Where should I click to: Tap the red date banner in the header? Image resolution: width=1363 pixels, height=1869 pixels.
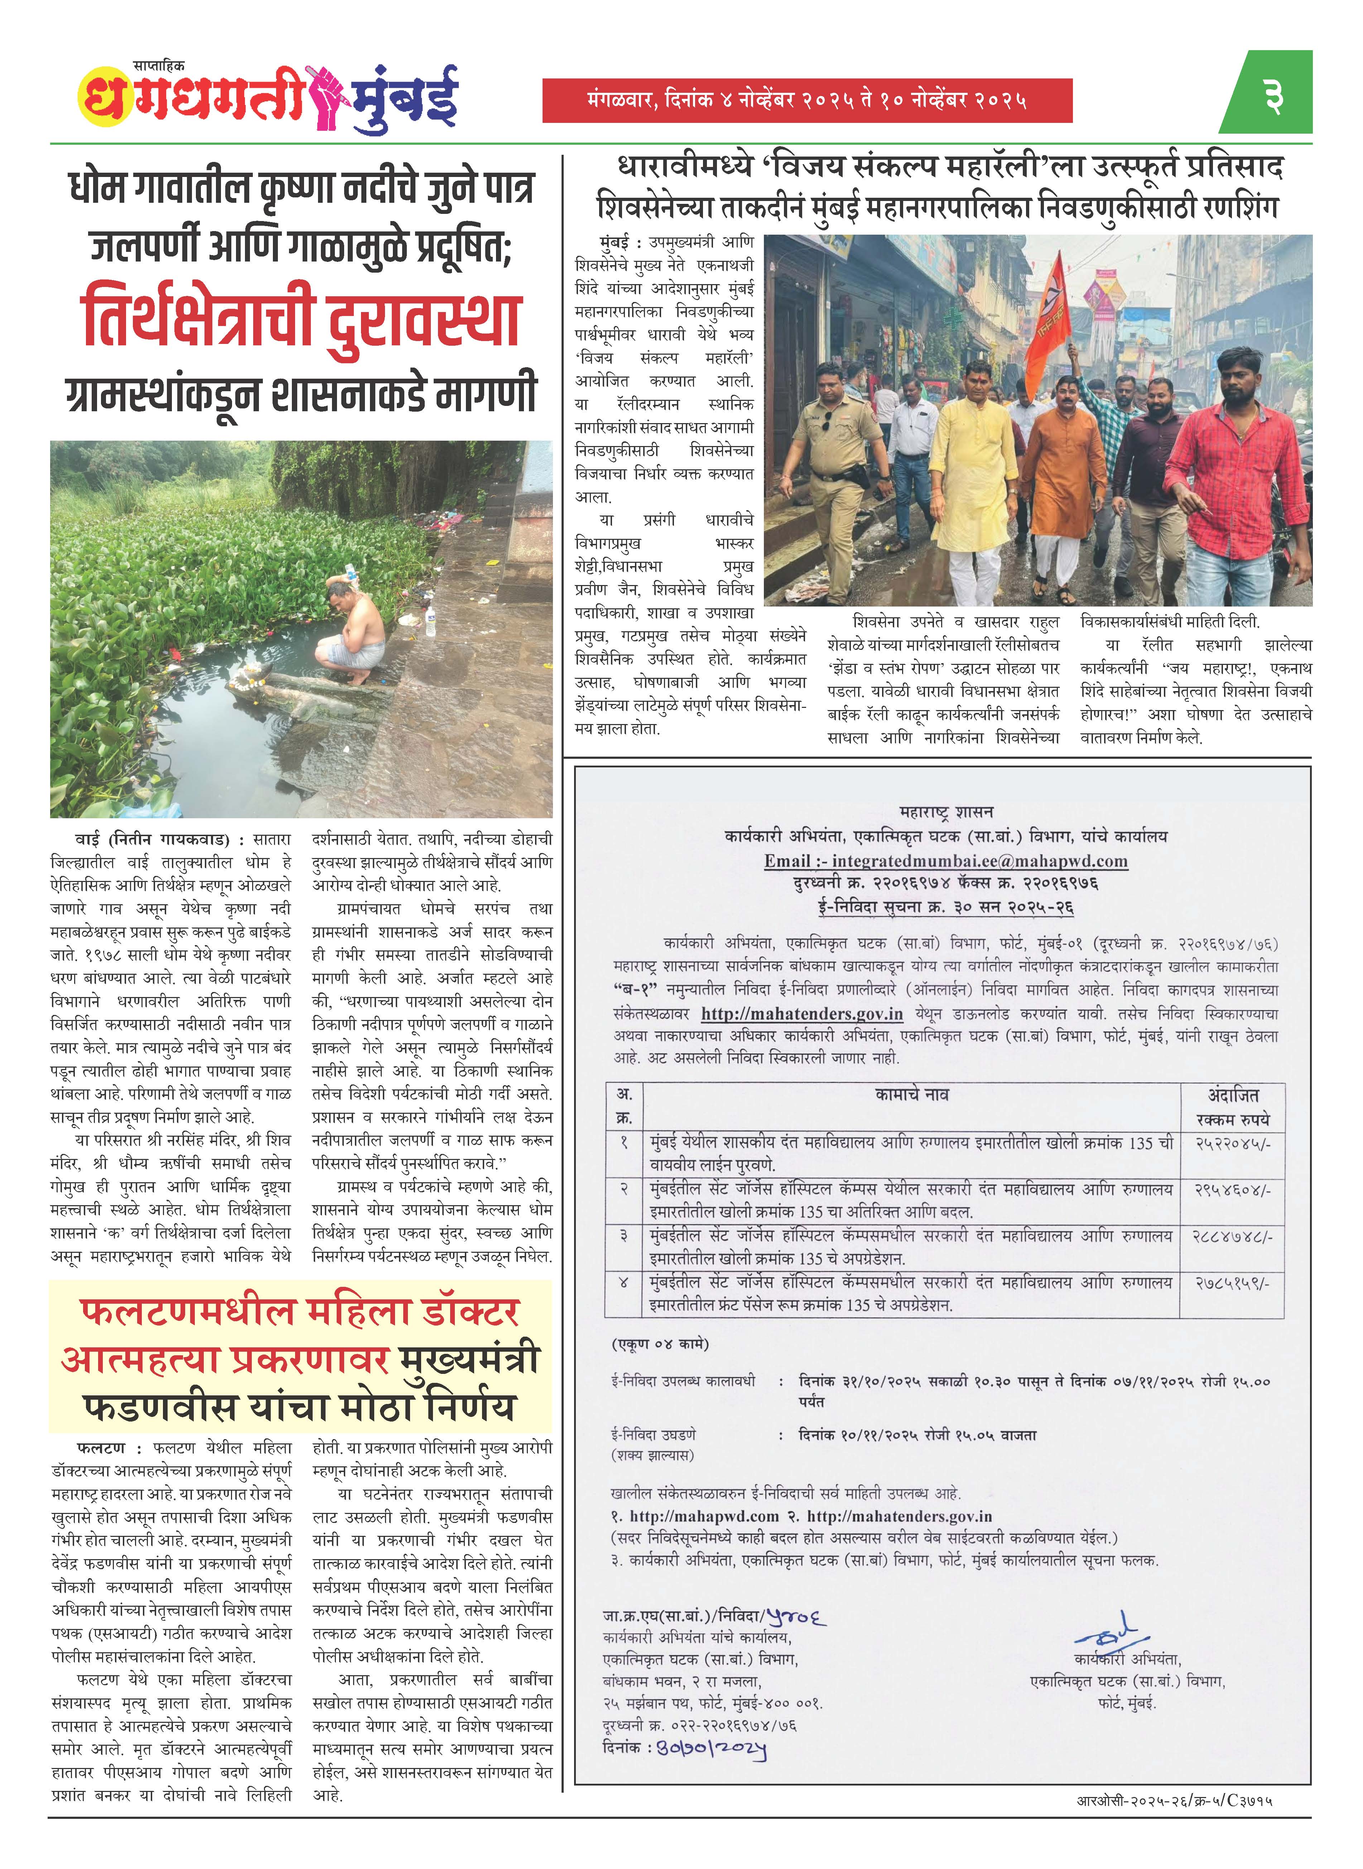(x=806, y=101)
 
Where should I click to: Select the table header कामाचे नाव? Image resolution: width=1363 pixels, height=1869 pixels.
(x=912, y=1095)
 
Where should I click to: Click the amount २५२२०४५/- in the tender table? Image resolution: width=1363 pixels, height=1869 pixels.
(x=1233, y=1144)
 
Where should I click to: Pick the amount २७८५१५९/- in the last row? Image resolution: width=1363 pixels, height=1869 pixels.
(x=1233, y=1283)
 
